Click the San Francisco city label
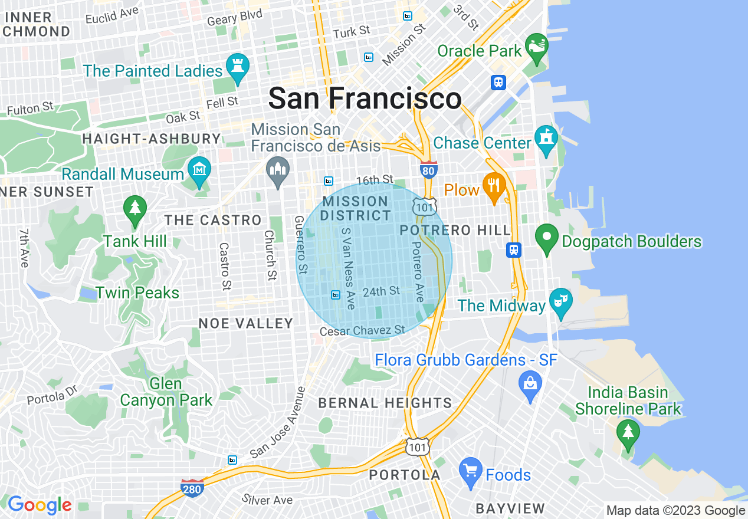coord(365,98)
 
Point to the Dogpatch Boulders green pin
coord(546,239)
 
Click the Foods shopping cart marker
coord(470,472)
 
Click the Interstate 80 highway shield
coord(429,170)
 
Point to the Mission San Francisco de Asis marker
coord(278,171)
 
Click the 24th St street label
coord(381,291)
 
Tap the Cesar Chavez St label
coord(362,331)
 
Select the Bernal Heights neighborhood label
coord(385,403)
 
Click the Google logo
coord(40,505)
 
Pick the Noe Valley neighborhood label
coord(246,323)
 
